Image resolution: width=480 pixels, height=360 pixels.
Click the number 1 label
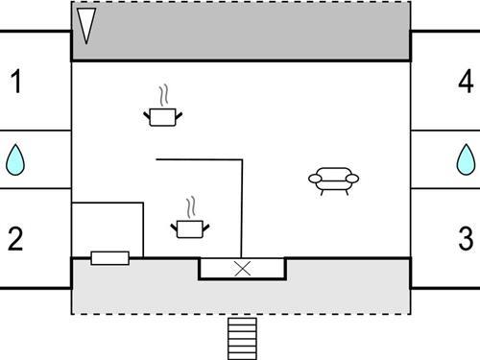click(x=15, y=83)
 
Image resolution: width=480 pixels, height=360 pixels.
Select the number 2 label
click(x=15, y=238)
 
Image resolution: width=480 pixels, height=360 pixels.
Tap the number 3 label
click(x=466, y=238)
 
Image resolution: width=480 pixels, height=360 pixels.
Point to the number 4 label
click(x=466, y=83)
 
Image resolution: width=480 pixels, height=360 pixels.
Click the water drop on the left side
click(x=15, y=159)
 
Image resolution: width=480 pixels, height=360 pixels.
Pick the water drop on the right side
click(x=466, y=159)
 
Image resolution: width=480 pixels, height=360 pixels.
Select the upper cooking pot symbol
click(x=163, y=116)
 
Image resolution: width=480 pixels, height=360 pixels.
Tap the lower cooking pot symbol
click(x=190, y=228)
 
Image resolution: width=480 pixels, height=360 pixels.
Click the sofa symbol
click(x=333, y=180)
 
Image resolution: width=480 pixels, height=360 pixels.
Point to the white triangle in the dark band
click(x=86, y=24)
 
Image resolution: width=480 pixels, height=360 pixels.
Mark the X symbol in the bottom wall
click(x=243, y=269)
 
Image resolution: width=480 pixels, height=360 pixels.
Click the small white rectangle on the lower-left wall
click(x=109, y=257)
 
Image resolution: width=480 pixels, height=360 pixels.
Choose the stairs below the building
click(x=242, y=338)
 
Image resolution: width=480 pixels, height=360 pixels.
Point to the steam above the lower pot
click(x=191, y=208)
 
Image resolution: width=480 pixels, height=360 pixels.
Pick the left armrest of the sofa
click(x=315, y=179)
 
